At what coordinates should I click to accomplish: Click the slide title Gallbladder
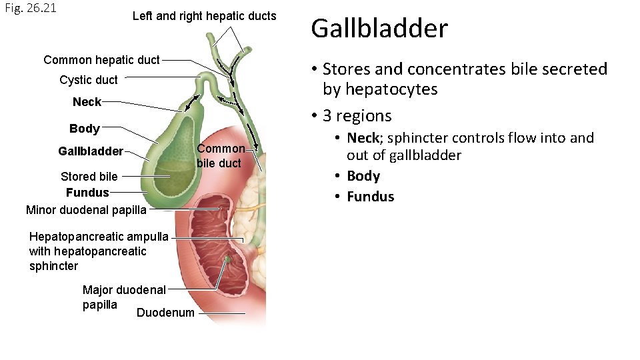[x=379, y=29]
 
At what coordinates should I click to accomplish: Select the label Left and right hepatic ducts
[x=204, y=16]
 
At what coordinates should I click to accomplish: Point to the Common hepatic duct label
[x=101, y=60]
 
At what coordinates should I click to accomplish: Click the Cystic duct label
[x=88, y=80]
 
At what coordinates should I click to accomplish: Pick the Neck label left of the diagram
[x=87, y=102]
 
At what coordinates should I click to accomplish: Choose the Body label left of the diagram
[x=85, y=129]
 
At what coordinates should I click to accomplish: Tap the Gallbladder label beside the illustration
[x=91, y=151]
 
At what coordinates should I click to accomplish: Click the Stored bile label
[x=89, y=177]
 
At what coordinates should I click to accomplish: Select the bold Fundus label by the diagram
[x=87, y=193]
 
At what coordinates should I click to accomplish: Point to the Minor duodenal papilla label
[x=85, y=211]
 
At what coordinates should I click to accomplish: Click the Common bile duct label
[x=220, y=156]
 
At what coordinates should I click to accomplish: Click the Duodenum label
[x=165, y=313]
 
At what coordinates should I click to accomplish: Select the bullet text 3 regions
[x=357, y=116]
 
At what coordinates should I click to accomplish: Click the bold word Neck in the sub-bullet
[x=363, y=139]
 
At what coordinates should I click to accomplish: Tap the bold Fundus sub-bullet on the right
[x=370, y=197]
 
